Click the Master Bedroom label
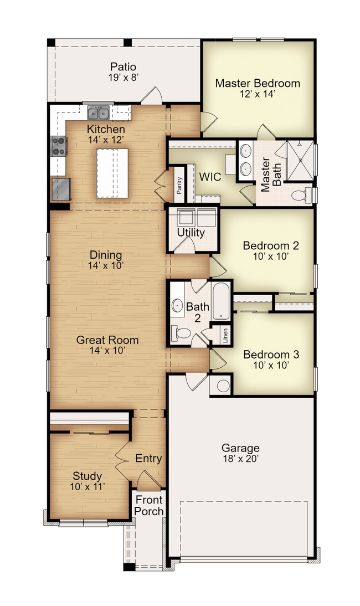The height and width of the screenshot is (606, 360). [258, 84]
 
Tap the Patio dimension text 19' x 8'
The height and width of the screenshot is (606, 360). [123, 77]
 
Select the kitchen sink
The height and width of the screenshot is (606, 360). [99, 114]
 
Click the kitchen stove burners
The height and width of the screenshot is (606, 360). [59, 147]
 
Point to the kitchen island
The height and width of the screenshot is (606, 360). [112, 173]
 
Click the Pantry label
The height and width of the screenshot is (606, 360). [179, 185]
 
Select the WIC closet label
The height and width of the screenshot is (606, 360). [210, 177]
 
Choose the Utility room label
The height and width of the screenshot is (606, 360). [191, 233]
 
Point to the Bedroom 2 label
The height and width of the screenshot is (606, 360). [266, 245]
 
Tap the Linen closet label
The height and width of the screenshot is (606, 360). [225, 336]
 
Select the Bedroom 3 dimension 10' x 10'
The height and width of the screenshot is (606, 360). [266, 365]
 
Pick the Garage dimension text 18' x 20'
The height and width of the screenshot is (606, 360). [240, 459]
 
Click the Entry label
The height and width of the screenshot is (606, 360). [148, 459]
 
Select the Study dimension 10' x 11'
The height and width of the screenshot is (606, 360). [87, 486]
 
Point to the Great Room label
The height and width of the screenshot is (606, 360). [107, 340]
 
